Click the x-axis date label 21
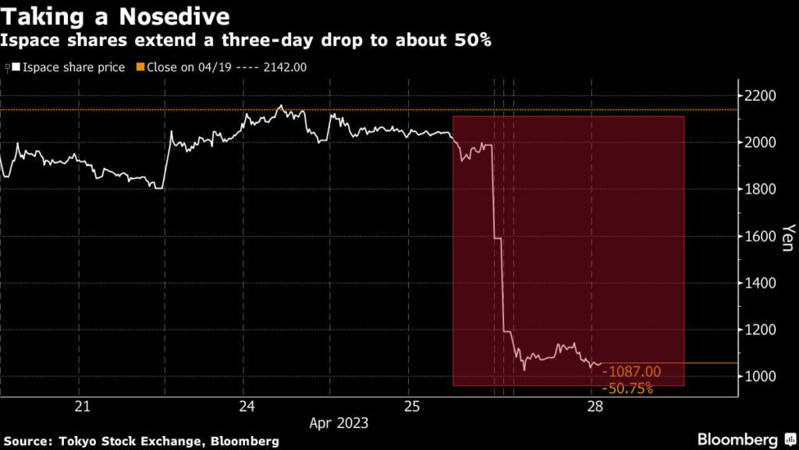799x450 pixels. coord(82,406)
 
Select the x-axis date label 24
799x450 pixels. coord(247,406)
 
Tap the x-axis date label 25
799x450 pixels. coord(413,406)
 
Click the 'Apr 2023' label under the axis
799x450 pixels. coord(339,423)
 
